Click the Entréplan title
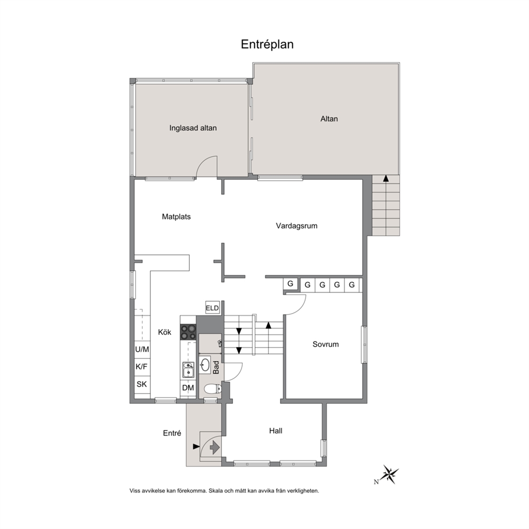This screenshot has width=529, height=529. (267, 45)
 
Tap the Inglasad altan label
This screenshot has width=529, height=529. (193, 128)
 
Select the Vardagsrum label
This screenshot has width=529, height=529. (296, 226)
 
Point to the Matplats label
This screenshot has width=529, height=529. (176, 217)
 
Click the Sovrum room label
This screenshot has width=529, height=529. (326, 344)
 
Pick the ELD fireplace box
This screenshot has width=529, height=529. (212, 308)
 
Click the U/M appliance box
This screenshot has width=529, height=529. (142, 349)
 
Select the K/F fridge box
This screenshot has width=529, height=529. (142, 367)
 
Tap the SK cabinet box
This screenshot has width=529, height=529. (142, 384)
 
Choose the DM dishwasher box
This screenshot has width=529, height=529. (188, 388)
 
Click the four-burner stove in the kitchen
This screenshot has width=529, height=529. (188, 332)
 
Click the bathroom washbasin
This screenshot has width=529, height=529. (205, 364)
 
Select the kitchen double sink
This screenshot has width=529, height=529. (188, 370)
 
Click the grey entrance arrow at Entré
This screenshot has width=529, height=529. (214, 447)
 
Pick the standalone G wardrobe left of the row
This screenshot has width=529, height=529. (290, 284)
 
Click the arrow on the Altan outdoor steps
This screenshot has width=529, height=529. (386, 179)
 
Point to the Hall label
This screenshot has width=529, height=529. (276, 431)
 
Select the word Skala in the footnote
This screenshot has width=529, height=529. (216, 491)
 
